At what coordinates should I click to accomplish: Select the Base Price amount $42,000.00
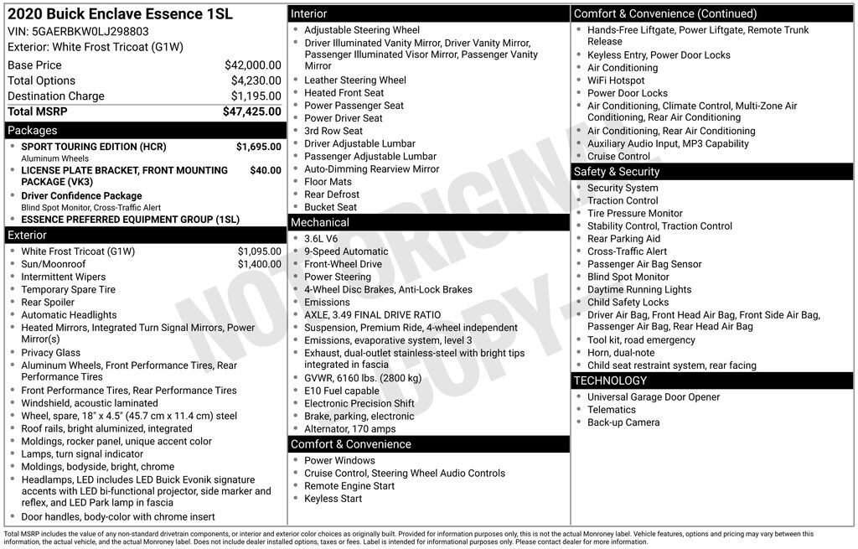coord(252,65)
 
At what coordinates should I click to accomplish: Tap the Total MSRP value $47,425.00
coord(251,111)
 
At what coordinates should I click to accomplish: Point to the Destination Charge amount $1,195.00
coord(256,96)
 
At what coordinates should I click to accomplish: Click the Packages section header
coord(33,131)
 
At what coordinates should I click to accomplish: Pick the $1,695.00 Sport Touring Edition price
coord(258,147)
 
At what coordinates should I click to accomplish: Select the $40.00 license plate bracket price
coord(266,170)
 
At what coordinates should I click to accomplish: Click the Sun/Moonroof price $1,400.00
coord(259,264)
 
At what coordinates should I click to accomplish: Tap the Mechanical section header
coord(319,223)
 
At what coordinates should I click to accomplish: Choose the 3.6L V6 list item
coord(322,239)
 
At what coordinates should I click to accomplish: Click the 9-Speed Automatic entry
coord(346,251)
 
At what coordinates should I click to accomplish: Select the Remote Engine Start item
coord(349,486)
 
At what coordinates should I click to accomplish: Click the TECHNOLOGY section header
coord(610,381)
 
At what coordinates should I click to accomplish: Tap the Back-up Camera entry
coord(623,422)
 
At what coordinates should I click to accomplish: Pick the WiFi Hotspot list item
coord(616,80)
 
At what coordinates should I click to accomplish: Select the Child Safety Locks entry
coord(628,303)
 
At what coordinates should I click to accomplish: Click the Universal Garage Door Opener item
coord(653,397)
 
